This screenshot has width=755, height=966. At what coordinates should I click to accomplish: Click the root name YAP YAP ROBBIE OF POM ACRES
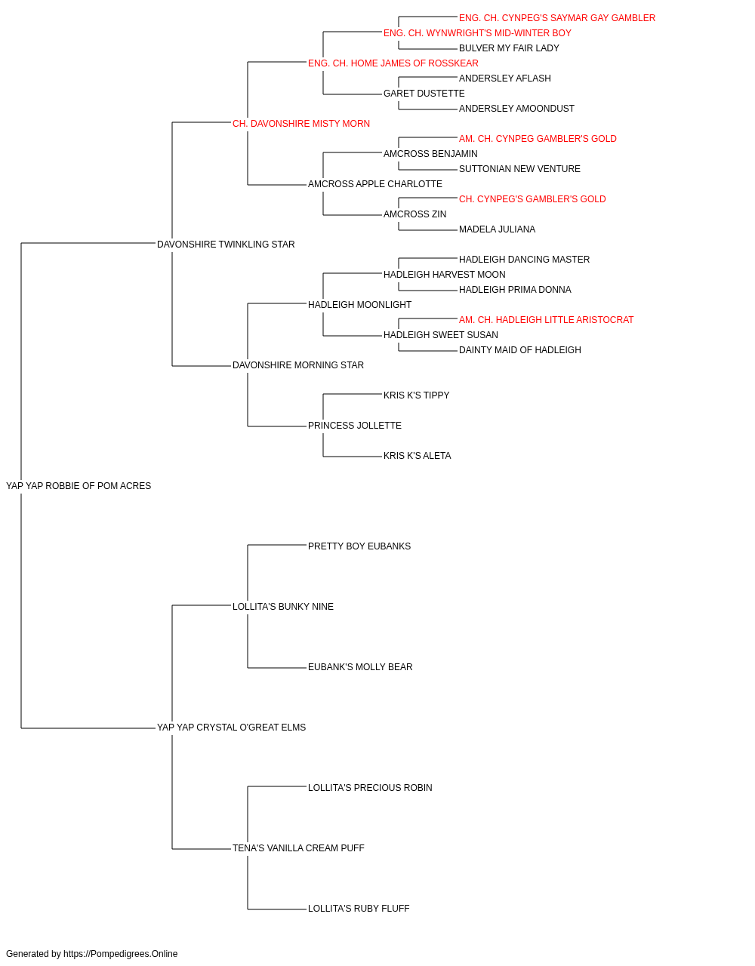79,486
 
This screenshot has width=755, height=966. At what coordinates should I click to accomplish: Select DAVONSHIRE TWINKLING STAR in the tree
226,245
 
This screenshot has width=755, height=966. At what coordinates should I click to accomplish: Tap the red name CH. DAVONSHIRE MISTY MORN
301,124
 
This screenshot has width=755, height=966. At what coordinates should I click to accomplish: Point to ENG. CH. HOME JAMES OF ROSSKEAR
393,63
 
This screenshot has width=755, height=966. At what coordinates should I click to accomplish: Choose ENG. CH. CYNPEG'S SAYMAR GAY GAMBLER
557,18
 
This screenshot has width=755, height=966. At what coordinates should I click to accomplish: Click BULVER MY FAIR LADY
509,48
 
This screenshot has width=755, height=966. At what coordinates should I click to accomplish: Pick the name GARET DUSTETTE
424,94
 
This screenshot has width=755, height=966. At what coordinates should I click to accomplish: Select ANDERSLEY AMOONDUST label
516,109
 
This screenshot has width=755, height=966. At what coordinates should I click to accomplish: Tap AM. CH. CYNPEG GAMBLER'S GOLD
538,139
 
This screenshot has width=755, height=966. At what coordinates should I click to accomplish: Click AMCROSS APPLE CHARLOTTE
374,184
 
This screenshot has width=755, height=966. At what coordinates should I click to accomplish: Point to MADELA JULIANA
497,229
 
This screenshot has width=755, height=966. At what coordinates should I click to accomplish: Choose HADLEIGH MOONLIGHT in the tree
359,305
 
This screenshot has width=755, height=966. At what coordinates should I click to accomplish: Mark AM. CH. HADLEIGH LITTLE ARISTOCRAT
546,320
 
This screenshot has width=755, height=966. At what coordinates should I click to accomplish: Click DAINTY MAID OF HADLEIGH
519,350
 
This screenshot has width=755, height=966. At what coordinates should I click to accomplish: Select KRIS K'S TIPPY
416,395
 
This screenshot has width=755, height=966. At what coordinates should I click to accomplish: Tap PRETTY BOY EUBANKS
359,546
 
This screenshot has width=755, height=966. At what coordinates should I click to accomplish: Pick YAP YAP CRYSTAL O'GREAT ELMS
231,728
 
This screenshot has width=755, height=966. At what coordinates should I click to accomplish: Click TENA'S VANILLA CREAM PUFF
298,848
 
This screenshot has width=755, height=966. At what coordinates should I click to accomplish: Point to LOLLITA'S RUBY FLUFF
359,909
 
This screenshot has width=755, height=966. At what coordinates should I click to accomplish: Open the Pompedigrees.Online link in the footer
120,954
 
